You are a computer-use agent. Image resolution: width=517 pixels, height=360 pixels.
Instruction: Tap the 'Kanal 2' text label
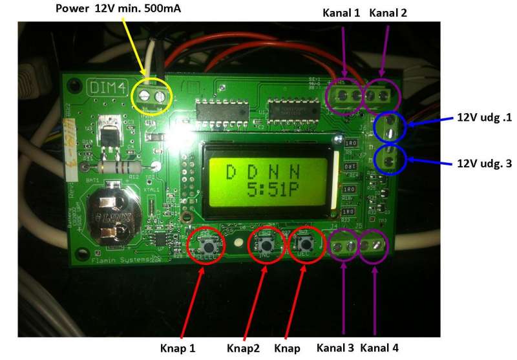[388, 12]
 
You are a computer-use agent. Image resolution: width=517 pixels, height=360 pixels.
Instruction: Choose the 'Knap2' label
[244, 348]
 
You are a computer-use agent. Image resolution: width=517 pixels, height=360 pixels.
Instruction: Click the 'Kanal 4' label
[379, 348]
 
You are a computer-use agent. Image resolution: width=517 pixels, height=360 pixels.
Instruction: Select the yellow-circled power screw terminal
[153, 96]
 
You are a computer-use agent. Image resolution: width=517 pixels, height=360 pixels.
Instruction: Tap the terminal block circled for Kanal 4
[374, 246]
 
